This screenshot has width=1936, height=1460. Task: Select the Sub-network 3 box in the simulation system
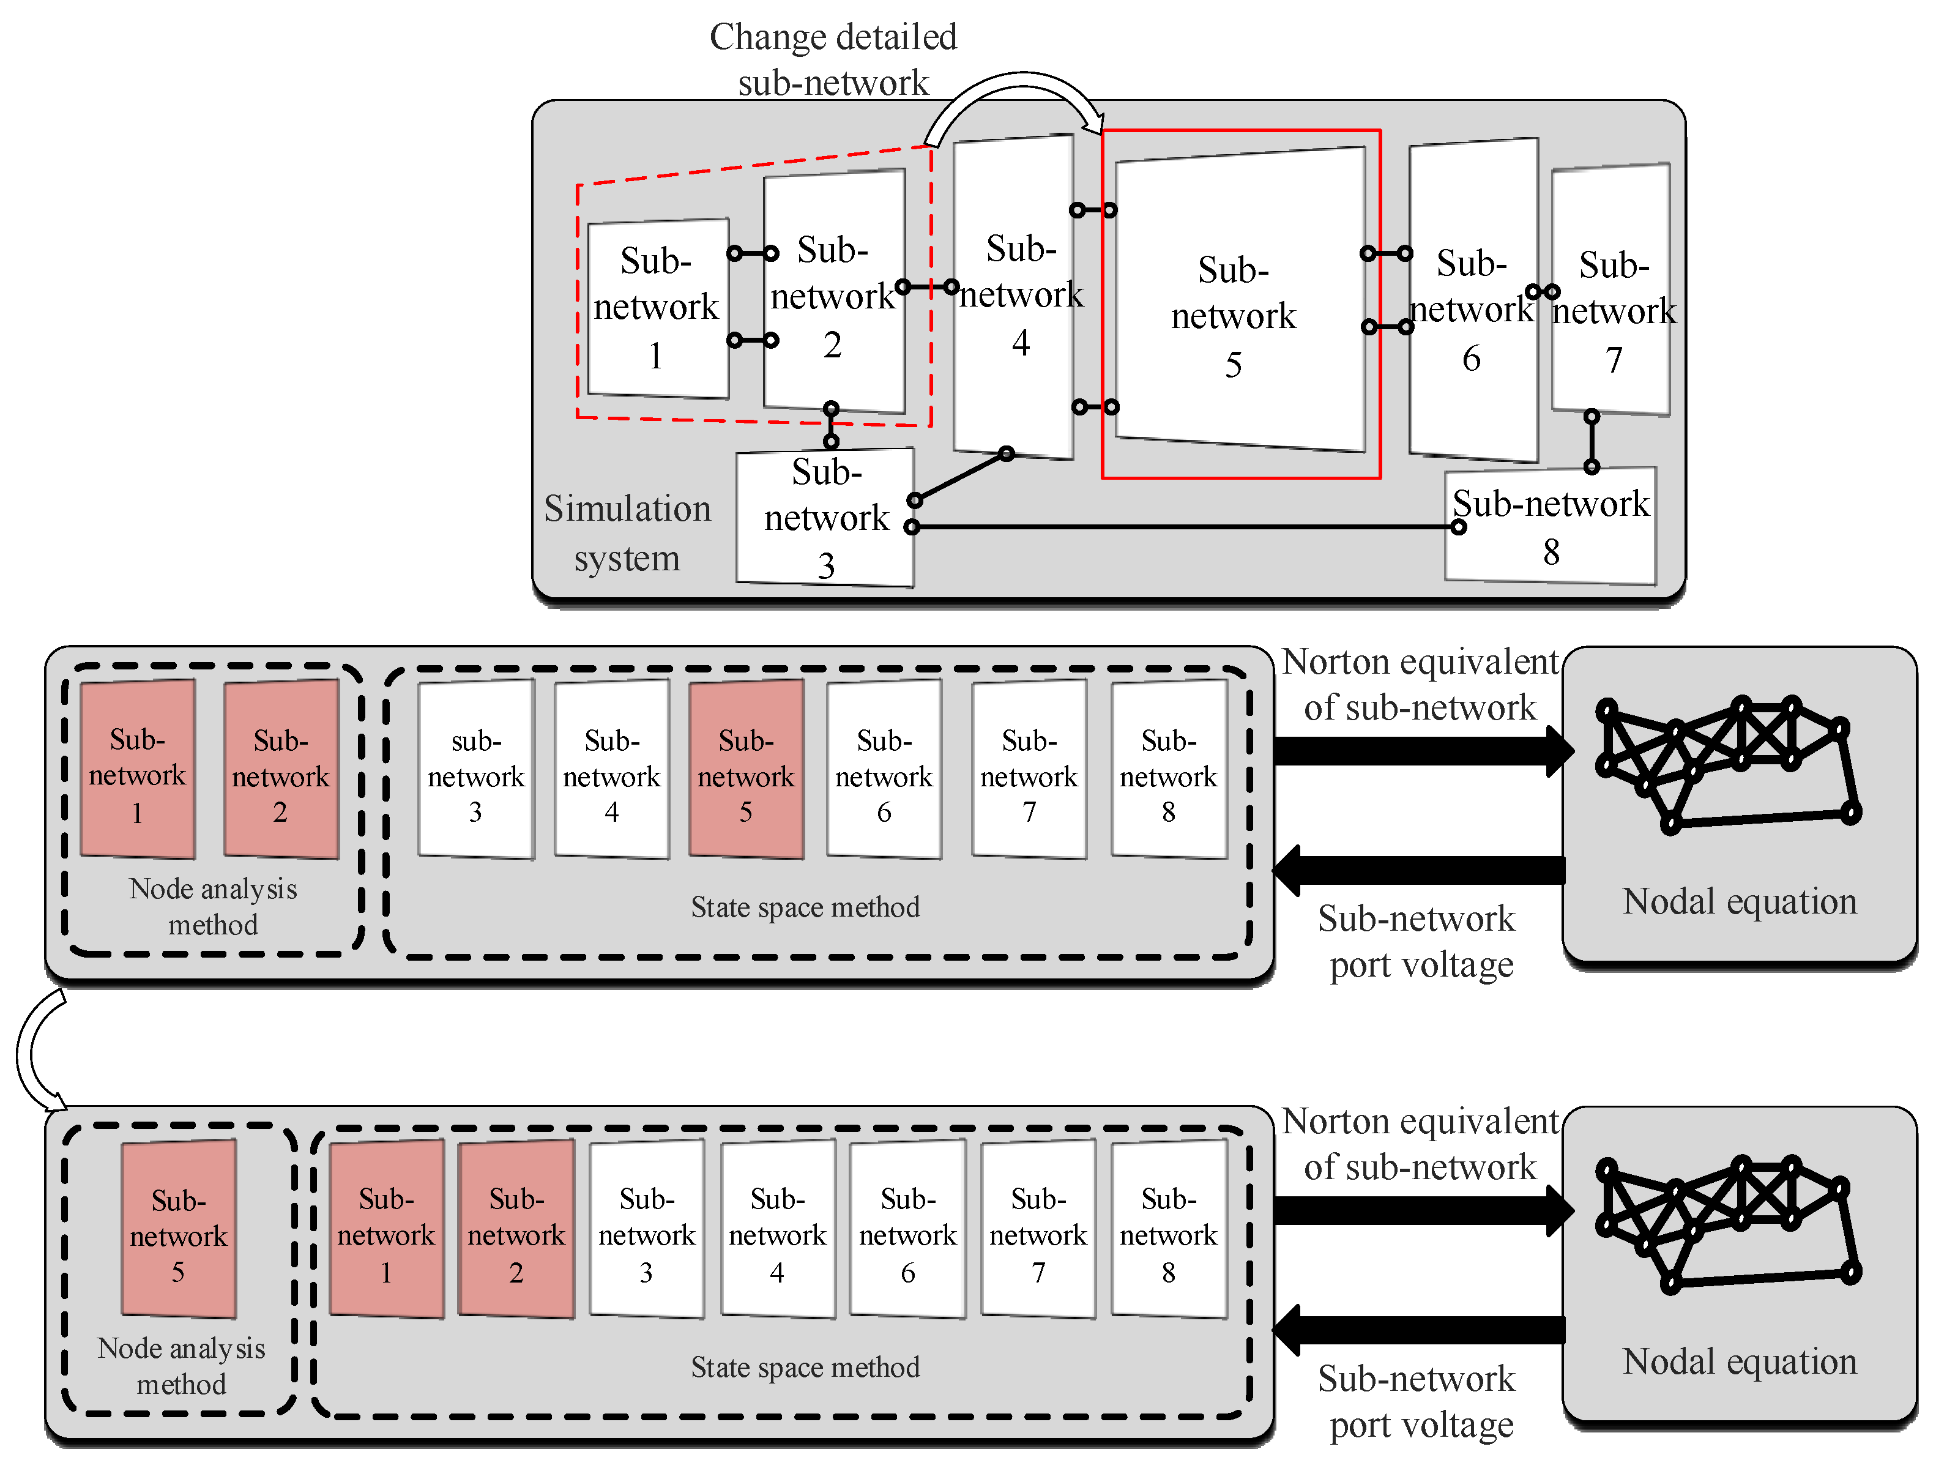click(825, 517)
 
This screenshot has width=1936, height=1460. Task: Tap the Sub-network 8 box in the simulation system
click(1550, 525)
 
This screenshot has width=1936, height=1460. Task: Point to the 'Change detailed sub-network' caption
click(833, 59)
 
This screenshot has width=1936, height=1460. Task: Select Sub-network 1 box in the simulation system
click(658, 308)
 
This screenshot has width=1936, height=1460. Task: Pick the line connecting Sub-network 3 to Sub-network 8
click(1185, 527)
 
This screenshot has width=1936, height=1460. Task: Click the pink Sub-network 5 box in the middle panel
click(746, 769)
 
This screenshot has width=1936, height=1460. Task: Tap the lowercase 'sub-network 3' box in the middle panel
click(475, 769)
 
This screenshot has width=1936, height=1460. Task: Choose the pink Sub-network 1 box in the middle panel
click(138, 769)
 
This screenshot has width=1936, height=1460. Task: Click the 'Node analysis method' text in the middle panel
click(213, 906)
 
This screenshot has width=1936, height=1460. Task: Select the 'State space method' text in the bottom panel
click(805, 1367)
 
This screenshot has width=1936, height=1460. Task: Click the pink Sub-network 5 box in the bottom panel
click(179, 1228)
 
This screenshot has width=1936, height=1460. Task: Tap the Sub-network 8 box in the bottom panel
click(1169, 1228)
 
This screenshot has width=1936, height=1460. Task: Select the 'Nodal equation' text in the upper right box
click(1739, 901)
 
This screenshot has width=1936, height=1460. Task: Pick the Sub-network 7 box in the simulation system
click(1610, 289)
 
